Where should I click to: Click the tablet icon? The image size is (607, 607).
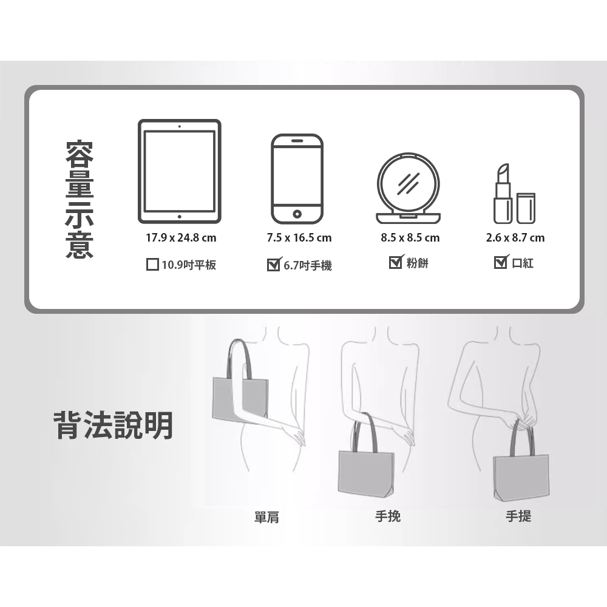(180, 172)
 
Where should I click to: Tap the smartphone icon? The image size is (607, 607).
(297, 179)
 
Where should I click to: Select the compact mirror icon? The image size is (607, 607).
(409, 188)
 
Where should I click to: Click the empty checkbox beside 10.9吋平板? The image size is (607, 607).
(152, 265)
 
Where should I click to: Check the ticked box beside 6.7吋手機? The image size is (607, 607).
(274, 265)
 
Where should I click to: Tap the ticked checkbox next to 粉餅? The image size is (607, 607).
(396, 262)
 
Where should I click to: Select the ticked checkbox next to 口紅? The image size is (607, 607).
(501, 262)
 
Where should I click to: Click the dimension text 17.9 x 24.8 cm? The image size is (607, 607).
(181, 238)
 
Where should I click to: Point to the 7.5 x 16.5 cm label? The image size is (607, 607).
(299, 238)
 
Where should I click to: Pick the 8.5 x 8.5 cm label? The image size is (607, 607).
(410, 238)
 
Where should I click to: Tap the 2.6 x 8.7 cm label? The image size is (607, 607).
(515, 238)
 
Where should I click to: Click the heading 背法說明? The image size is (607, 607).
(113, 426)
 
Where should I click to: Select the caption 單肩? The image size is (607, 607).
(266, 517)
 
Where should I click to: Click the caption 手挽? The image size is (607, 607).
(388, 517)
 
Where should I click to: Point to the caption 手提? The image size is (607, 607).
(519, 517)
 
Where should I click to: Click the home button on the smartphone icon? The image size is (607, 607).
(297, 214)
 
